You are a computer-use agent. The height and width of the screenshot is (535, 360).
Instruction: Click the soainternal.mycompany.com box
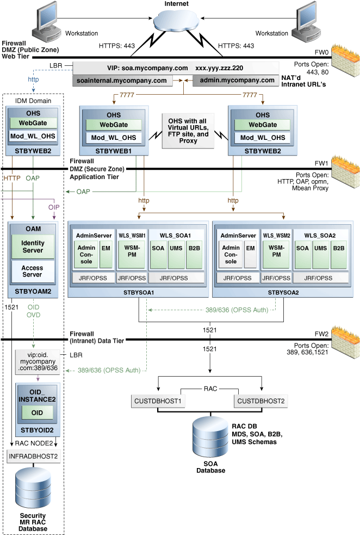tap(121, 81)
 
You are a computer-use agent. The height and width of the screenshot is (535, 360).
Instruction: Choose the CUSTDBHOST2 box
tap(259, 402)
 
